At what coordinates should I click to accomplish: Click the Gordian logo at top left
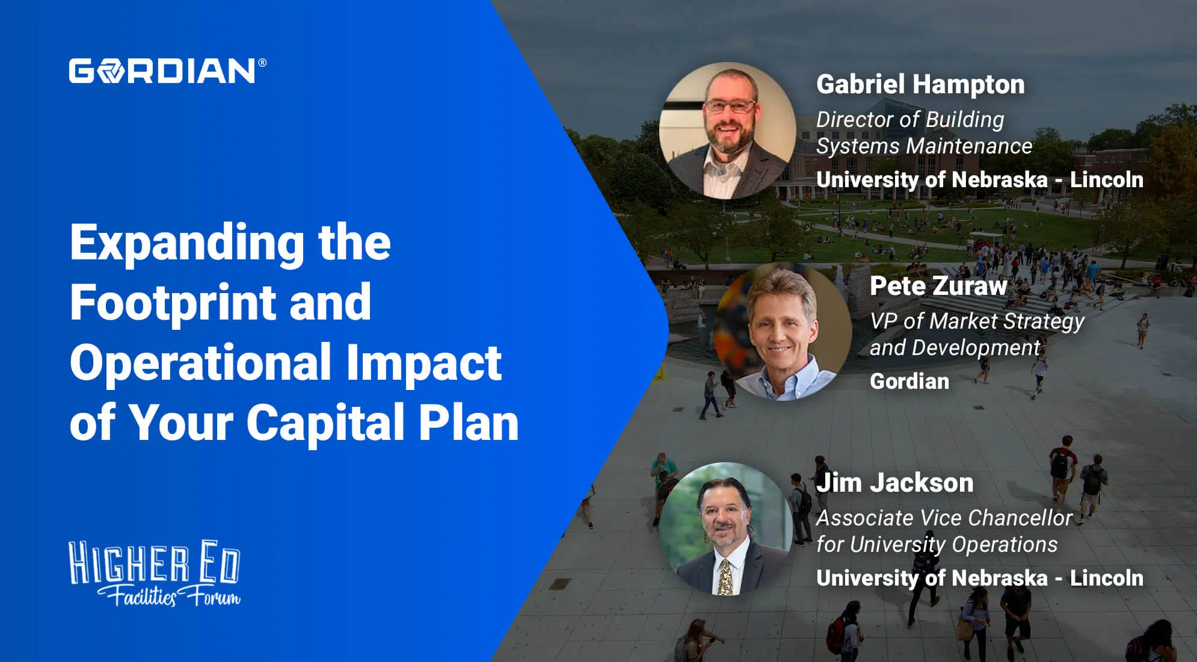coord(162,71)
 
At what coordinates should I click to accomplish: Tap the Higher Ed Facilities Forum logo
coord(155,574)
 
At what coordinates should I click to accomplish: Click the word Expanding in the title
coord(187,243)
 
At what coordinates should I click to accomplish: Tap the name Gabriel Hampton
coord(920,84)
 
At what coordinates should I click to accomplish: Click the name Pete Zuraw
coord(938,286)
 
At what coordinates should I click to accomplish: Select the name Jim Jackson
coord(894,483)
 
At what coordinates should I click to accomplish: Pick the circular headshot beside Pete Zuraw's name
coord(783,332)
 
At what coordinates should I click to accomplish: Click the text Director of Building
coord(909,119)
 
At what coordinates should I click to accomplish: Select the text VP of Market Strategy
coord(977,321)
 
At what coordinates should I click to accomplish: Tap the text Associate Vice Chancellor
coord(944,518)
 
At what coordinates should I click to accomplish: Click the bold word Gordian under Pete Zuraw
coord(909,381)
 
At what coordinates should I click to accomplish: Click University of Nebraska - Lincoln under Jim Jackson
coord(979,578)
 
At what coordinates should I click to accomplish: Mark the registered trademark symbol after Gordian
coord(262,63)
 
